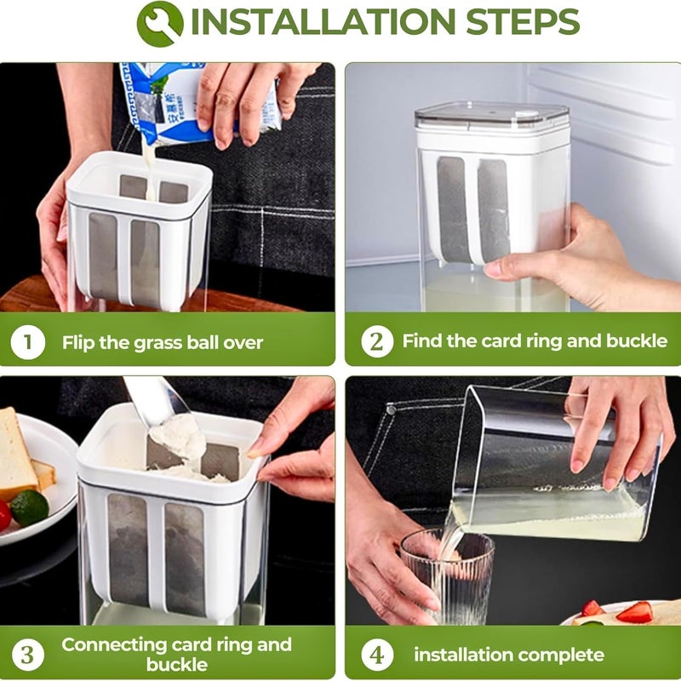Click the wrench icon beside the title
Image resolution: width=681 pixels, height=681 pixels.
coord(160,24)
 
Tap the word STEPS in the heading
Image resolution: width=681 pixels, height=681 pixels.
coord(523,22)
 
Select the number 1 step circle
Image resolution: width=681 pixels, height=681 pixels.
coord(28,342)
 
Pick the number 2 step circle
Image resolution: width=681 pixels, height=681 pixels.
coord(377,341)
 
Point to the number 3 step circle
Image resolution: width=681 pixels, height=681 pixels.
coord(28,655)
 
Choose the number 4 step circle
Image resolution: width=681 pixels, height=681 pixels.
coord(377,655)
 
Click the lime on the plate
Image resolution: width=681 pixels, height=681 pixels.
coord(30,507)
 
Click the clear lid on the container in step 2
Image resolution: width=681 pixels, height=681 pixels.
coord(492,117)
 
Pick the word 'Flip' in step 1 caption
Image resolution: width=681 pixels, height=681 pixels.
coord(78,342)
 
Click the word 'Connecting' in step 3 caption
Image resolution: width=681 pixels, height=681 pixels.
coord(114,645)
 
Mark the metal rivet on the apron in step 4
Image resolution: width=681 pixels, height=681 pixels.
coord(392,409)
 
